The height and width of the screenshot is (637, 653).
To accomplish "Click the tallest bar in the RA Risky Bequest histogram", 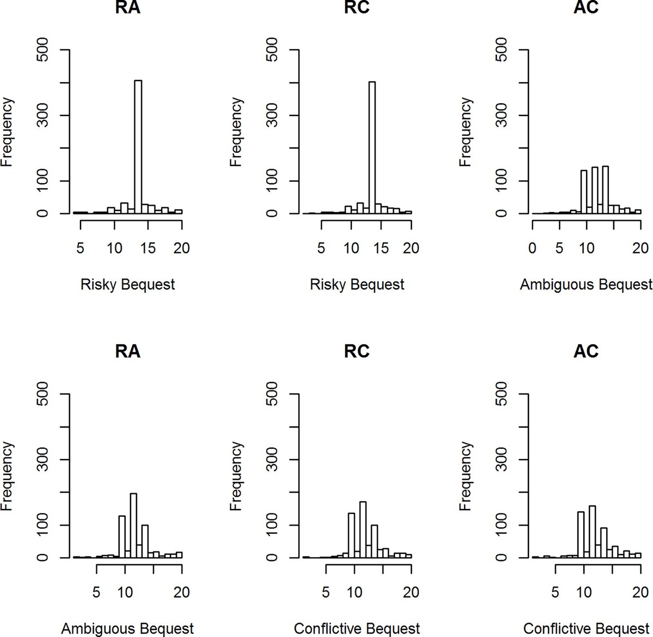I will click(x=138, y=147).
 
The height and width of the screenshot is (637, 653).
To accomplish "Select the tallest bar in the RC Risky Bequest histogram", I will click(x=372, y=147).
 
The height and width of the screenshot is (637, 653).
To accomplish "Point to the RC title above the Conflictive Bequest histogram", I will click(x=357, y=351).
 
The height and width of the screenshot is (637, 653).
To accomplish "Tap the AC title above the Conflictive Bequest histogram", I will click(x=586, y=351).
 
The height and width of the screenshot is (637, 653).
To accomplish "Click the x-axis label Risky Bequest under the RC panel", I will click(x=357, y=285).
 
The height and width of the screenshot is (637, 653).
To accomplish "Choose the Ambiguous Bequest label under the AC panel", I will click(x=586, y=285).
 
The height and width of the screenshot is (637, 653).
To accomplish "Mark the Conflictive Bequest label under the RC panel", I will click(x=357, y=629).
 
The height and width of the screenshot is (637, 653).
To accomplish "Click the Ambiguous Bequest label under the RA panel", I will click(x=128, y=629).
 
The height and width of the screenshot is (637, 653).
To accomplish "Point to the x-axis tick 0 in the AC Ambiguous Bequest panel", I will click(x=532, y=248).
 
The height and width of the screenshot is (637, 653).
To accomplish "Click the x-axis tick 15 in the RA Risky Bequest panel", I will click(x=148, y=248).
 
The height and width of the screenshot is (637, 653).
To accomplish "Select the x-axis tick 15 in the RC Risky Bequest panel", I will click(x=381, y=248).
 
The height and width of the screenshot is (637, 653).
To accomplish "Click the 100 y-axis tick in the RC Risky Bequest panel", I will click(x=274, y=181).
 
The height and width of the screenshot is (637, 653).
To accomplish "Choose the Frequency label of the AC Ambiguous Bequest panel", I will click(x=465, y=132).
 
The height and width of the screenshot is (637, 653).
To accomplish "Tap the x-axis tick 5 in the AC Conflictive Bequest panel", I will click(x=556, y=592).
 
